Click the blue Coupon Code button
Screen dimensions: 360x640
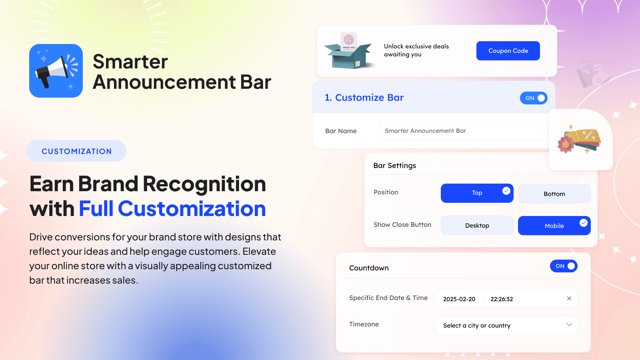508,51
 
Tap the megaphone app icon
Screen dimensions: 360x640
56,71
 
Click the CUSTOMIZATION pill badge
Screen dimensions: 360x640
76,151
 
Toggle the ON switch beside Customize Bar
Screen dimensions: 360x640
534,98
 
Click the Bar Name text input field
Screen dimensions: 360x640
463,131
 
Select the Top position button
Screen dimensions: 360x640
477,193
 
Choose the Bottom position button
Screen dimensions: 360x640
554,194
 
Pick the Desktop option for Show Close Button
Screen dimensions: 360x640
477,226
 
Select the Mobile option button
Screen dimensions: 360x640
554,226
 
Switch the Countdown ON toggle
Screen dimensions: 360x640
564,266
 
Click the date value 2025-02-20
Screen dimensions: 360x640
459,299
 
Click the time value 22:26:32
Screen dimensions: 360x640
502,299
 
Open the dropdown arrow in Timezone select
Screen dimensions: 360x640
569,324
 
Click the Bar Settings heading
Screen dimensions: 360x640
394,166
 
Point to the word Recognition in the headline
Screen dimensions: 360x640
204,184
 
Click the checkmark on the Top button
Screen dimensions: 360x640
506,191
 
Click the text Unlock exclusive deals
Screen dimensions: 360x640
416,46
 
